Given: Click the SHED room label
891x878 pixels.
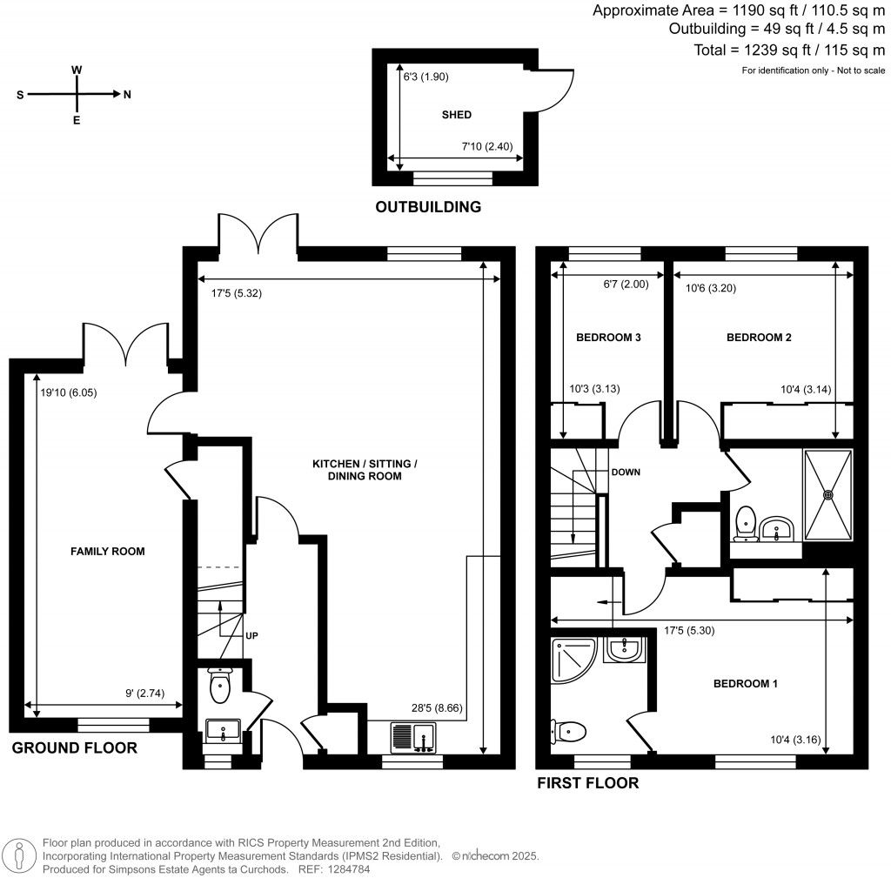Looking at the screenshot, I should point(457,115).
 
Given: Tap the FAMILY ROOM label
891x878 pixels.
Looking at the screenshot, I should point(109,551).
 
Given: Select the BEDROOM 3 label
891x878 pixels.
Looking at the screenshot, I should point(608,337).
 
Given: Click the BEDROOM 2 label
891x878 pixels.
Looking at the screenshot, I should point(759,337).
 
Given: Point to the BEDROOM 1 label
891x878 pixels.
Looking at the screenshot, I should point(746,684).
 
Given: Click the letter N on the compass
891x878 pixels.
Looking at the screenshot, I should point(127,95).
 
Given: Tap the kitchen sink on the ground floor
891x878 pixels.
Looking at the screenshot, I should point(413,737).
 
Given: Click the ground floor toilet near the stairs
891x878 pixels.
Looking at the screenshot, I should point(219,685).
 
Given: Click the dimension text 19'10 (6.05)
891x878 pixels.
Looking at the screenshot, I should point(69,392).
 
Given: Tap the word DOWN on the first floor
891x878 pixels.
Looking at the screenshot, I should point(626,473).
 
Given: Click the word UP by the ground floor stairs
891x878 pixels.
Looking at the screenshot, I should point(251,635).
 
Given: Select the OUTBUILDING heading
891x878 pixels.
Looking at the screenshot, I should point(427,207).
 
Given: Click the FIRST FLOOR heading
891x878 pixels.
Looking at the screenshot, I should point(587,783).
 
